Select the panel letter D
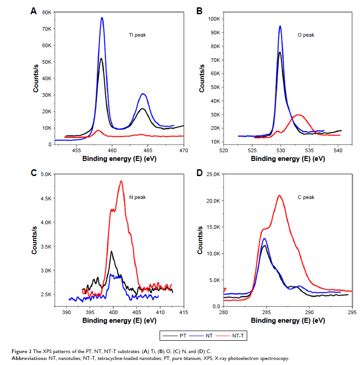coord(199,174)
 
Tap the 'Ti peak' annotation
coord(137,35)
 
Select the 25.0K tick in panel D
coord(214,174)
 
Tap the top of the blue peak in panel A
coord(102,18)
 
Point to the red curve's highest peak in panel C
coord(121,181)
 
